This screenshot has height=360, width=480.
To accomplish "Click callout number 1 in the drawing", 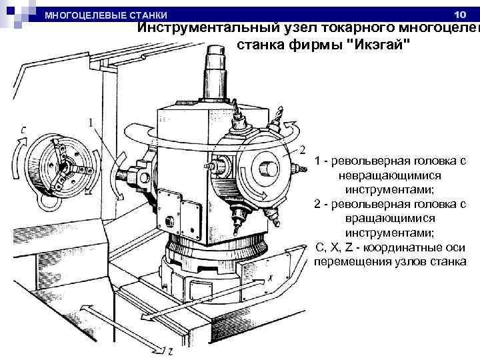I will click(91, 123).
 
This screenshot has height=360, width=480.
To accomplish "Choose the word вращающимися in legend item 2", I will click(391, 218).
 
